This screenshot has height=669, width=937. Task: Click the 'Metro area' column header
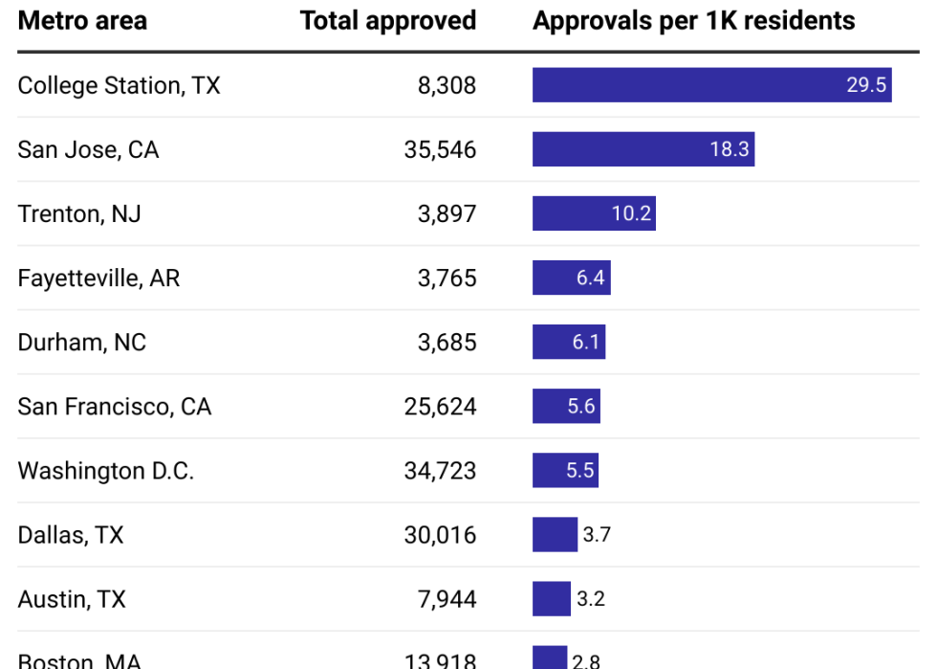(82, 21)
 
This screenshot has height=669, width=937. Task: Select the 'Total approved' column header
(387, 21)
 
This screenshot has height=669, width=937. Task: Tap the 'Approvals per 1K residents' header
(693, 21)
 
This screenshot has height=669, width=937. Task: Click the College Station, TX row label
(119, 85)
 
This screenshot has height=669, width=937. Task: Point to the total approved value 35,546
(440, 149)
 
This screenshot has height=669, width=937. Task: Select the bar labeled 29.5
(711, 85)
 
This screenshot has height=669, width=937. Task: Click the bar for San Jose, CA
(643, 149)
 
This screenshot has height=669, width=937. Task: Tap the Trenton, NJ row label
(79, 213)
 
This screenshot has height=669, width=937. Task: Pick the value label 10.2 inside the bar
(631, 213)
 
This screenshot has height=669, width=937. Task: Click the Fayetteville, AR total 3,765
(447, 278)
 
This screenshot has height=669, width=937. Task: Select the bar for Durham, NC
(568, 342)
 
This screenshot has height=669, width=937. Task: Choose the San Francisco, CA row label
(114, 406)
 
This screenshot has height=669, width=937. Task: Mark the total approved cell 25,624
(440, 406)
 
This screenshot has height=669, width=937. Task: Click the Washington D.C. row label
(105, 470)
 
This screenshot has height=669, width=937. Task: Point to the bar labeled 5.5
(565, 470)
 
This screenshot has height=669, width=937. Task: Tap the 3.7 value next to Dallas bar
(596, 534)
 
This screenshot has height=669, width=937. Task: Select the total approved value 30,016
(440, 534)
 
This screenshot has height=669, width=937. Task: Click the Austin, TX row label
(72, 598)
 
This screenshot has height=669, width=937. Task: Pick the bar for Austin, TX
(552, 598)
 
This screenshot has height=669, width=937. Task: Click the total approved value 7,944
(447, 598)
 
